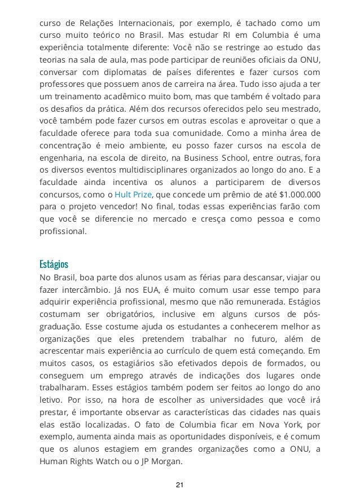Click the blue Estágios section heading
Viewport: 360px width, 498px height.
click(x=54, y=264)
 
